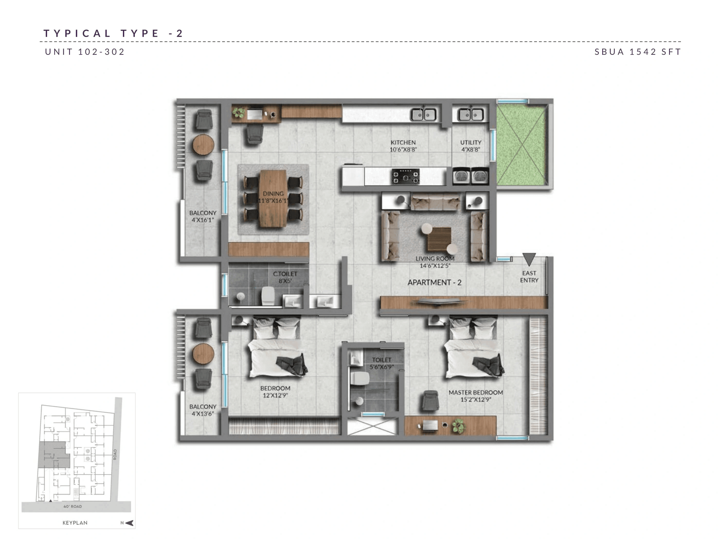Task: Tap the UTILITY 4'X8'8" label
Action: [x=470, y=146]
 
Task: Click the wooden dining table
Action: [x=273, y=199]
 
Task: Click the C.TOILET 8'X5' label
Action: [x=285, y=277]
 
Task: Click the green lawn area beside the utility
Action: [x=521, y=145]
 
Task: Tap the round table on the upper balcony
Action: [x=203, y=145]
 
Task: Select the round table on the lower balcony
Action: [x=203, y=354]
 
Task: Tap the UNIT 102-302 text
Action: [x=85, y=52]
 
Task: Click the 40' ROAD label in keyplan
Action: [x=73, y=507]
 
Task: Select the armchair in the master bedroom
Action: [x=430, y=401]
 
